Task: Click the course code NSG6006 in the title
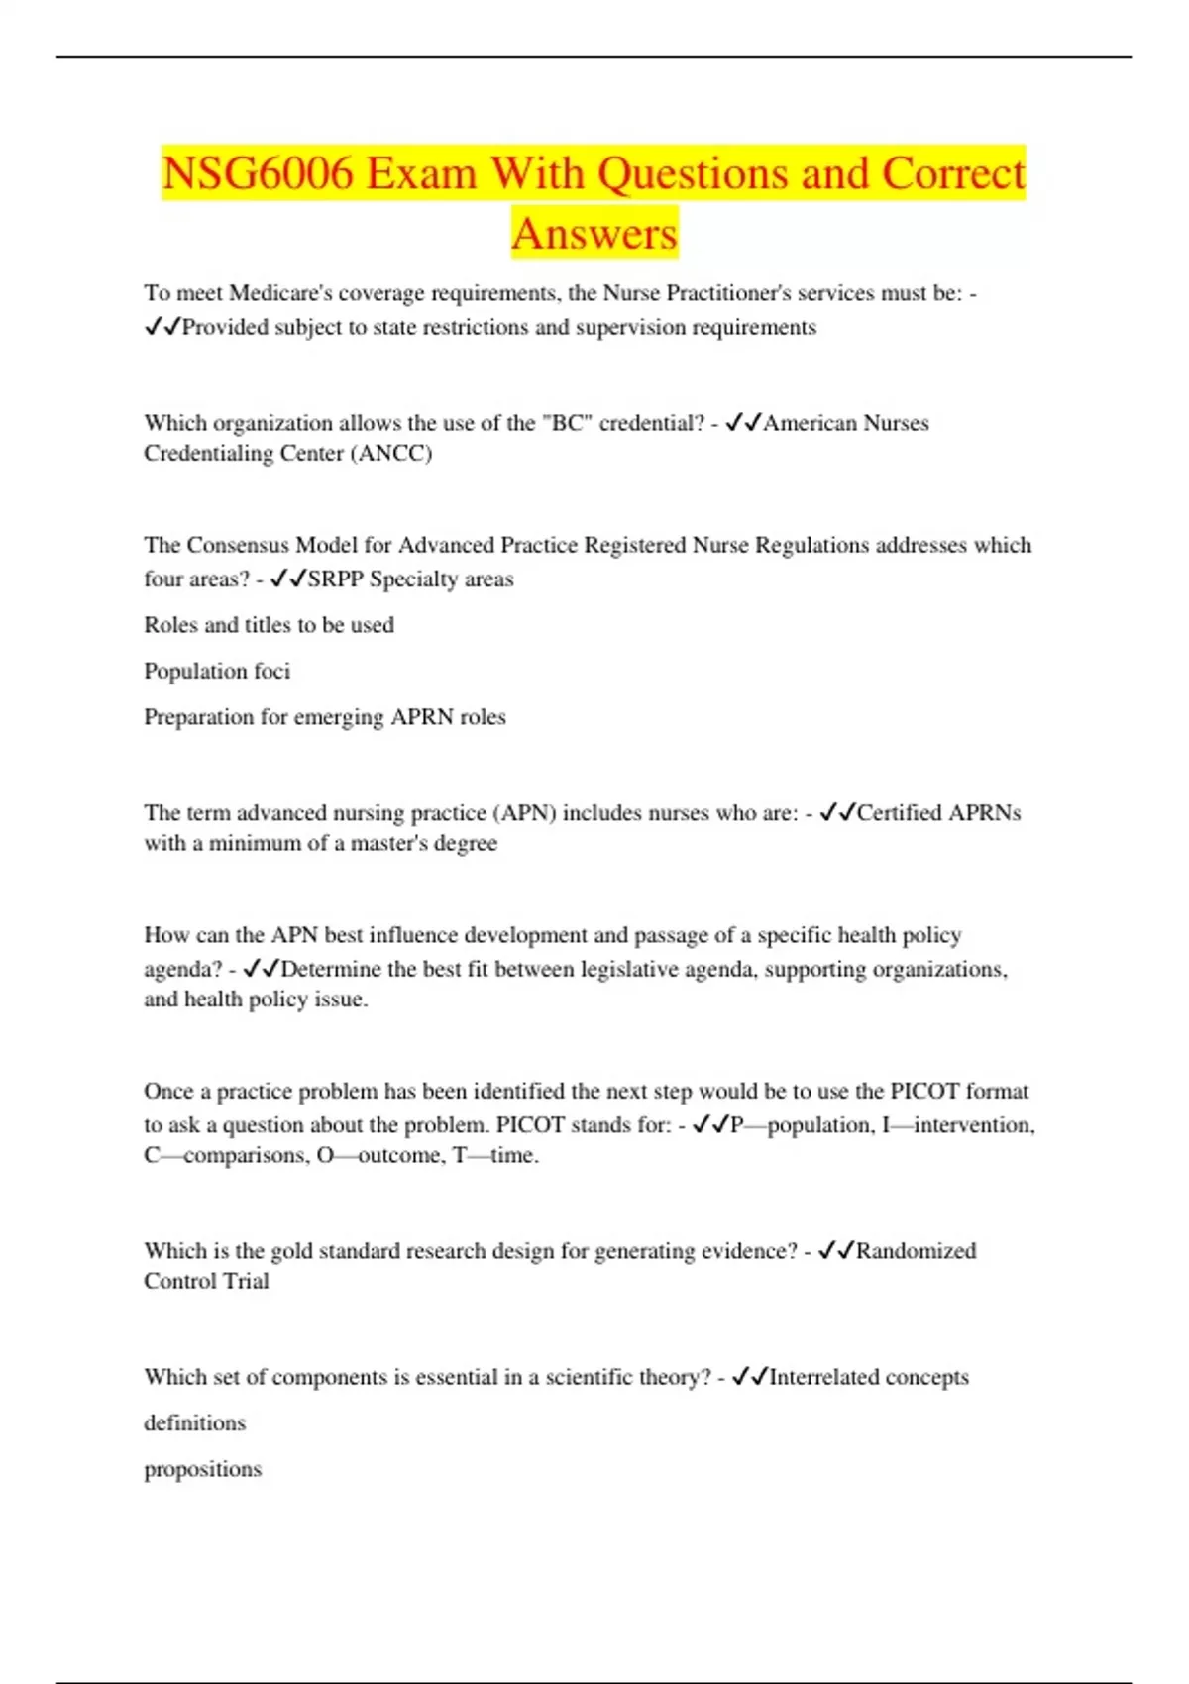(x=258, y=174)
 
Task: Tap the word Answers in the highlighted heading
(x=594, y=235)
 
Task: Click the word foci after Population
(x=271, y=672)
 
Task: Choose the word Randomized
(x=916, y=1251)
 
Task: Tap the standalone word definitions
(x=194, y=1423)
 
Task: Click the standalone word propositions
(x=202, y=1469)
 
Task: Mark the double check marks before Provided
(x=162, y=328)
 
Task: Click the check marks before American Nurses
(x=743, y=423)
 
